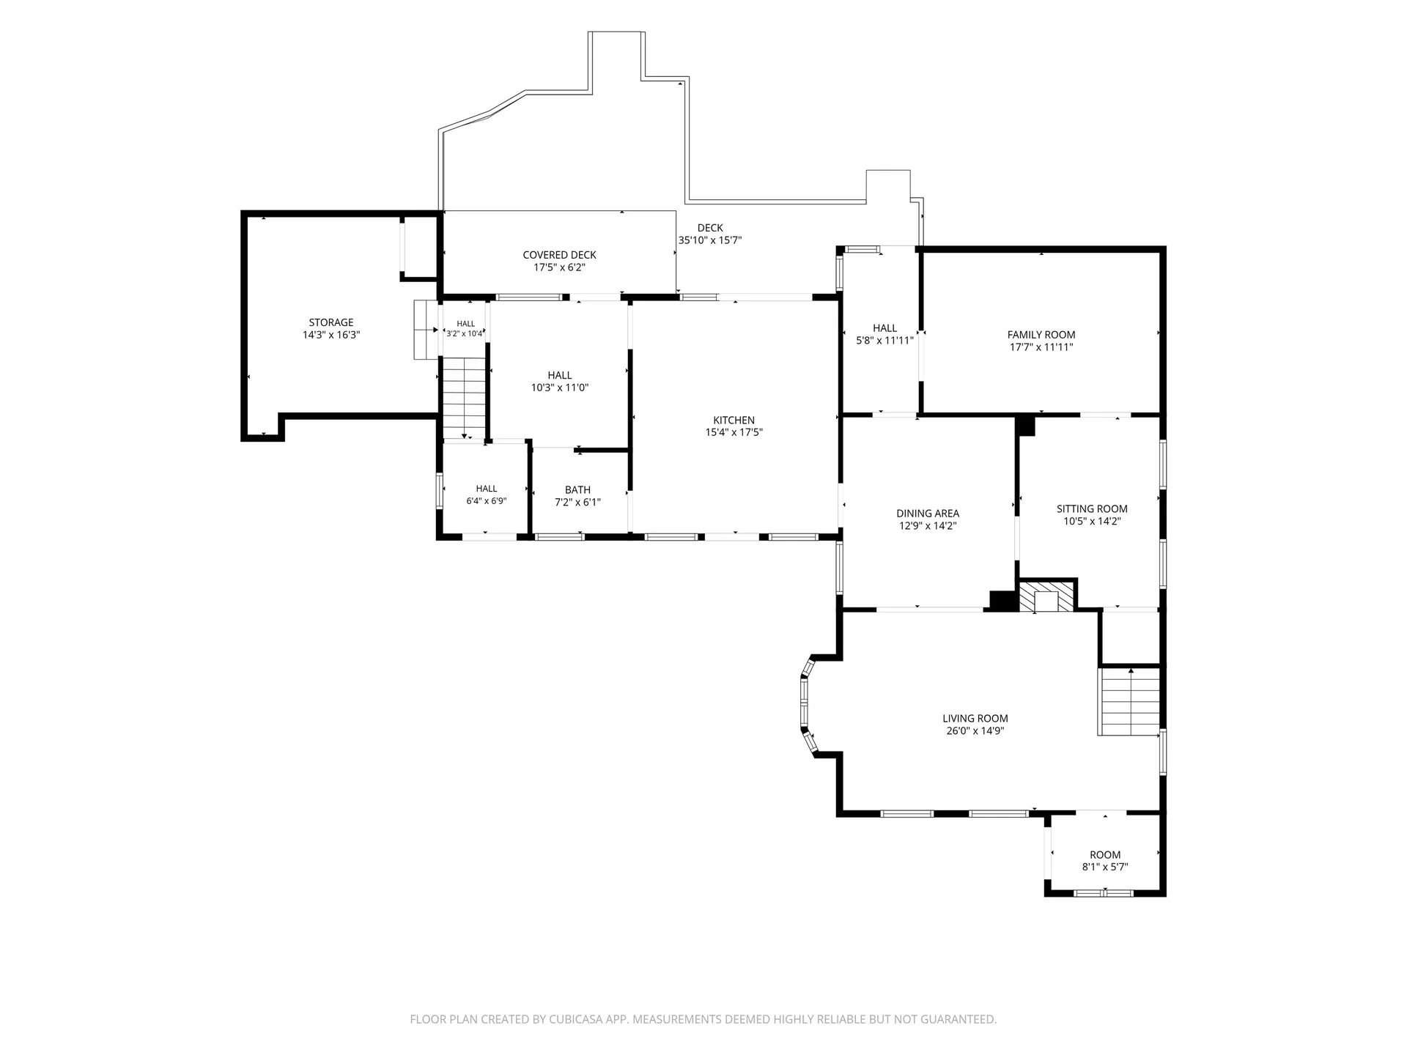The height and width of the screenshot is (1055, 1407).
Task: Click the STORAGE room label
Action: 331,322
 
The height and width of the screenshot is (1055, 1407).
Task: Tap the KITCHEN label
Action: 734,421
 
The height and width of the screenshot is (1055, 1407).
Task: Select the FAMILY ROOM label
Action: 1041,335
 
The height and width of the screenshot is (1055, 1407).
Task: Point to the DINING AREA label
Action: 928,514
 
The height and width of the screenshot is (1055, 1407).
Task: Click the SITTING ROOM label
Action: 1092,509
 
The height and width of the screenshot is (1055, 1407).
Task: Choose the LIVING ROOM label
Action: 975,719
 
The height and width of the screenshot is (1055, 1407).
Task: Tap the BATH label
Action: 577,490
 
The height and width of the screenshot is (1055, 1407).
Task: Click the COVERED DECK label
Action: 559,255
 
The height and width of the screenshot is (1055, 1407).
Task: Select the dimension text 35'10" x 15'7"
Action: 710,240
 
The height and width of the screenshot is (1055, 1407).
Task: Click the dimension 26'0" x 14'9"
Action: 975,731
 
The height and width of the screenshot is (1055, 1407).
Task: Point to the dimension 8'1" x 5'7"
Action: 1105,867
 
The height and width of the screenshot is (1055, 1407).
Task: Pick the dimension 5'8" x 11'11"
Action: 885,341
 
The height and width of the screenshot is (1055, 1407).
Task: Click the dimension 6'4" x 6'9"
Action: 487,501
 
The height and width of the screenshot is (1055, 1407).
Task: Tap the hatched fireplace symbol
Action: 1046,596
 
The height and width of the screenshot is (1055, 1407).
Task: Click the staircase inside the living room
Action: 1129,701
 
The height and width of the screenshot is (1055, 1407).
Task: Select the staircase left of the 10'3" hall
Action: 464,398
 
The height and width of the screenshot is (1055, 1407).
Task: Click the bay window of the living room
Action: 808,704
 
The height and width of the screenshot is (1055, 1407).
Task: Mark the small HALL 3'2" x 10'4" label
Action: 466,328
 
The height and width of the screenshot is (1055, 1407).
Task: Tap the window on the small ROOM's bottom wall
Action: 1104,893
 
